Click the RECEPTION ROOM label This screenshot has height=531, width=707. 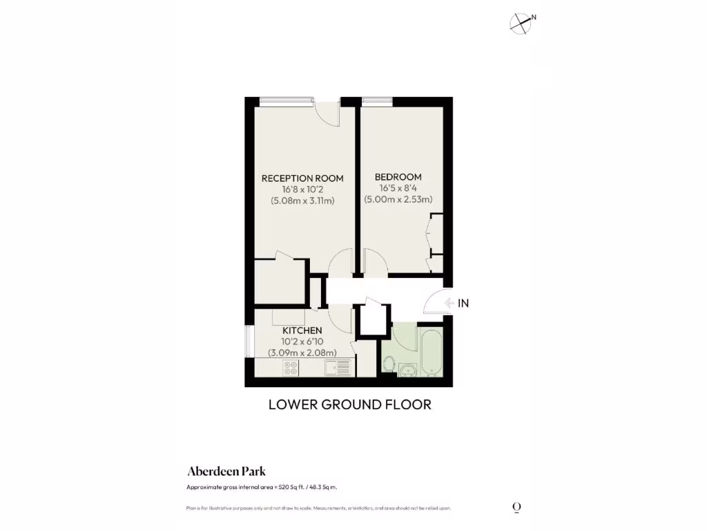point(302,178)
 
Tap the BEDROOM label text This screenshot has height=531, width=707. point(398,177)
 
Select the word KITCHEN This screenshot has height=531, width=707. point(302,331)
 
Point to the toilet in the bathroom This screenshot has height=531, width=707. point(389,363)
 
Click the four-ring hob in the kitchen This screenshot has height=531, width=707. point(291,369)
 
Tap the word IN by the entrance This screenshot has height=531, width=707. point(463,303)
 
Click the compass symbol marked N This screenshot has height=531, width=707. point(521,24)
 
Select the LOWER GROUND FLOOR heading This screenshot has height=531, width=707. point(349,404)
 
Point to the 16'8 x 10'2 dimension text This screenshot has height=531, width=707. point(302,189)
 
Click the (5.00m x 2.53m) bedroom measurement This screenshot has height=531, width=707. point(398,200)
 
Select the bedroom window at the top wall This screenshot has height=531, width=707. point(376,102)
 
